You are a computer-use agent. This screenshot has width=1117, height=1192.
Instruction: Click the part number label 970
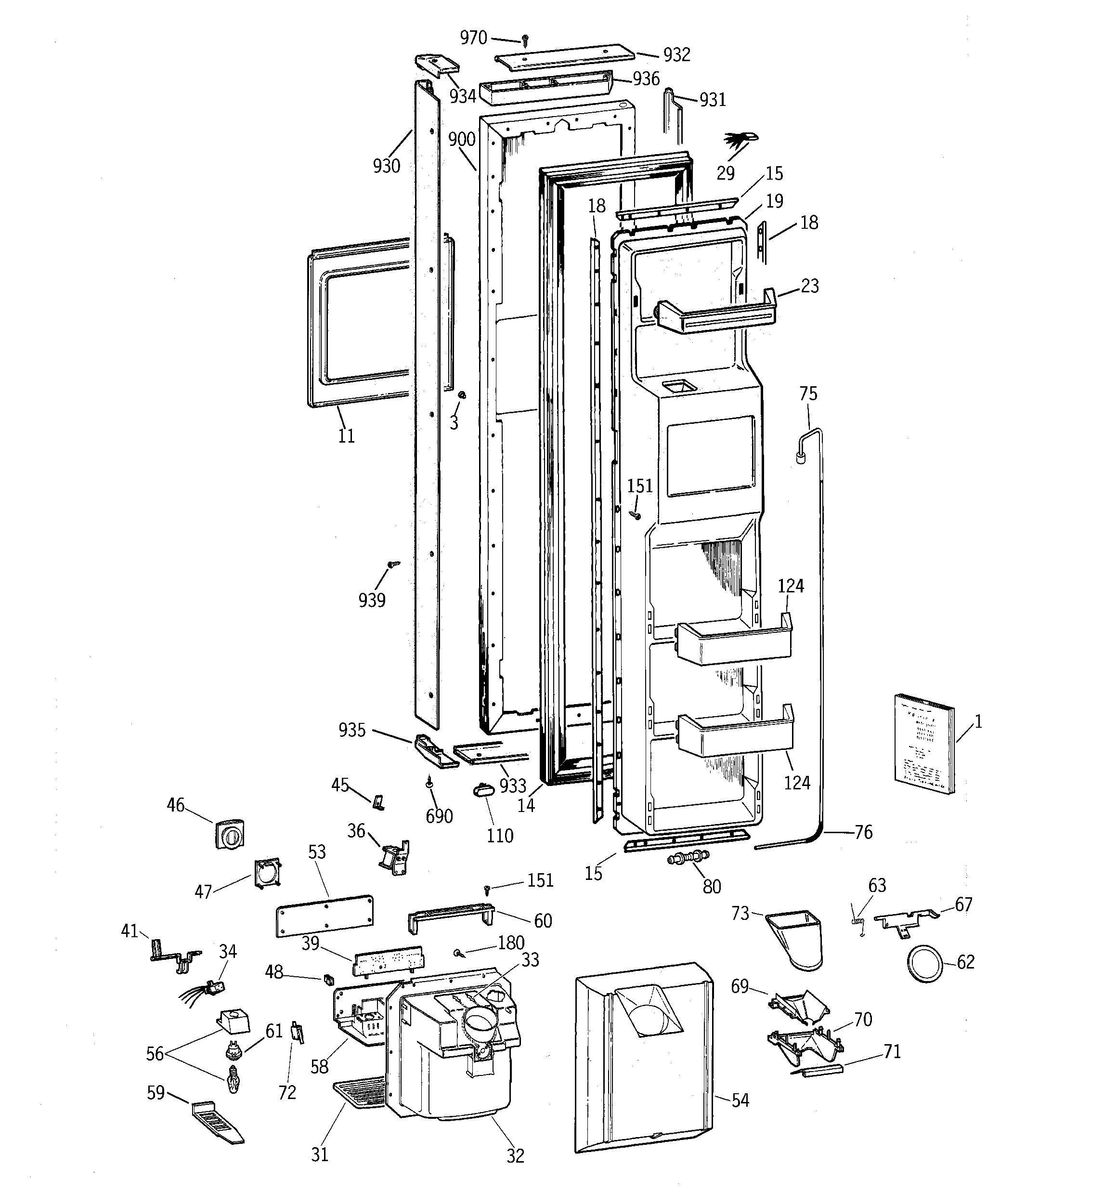click(x=473, y=38)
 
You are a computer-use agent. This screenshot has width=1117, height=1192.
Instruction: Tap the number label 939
click(x=372, y=600)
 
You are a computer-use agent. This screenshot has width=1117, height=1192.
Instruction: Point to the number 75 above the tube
click(x=808, y=394)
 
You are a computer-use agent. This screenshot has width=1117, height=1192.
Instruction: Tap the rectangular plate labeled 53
click(x=325, y=915)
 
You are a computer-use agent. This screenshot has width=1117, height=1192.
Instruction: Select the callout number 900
click(x=462, y=140)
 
